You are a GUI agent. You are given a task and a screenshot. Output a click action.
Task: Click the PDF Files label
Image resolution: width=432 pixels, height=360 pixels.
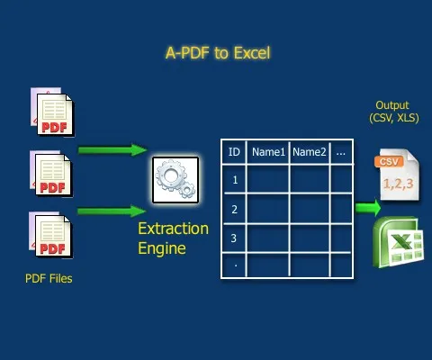(x=49, y=279)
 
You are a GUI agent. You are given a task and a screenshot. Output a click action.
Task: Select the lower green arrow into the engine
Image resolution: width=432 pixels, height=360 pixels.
(x=112, y=211)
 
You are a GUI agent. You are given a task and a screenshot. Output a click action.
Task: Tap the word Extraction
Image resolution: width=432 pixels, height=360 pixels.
(x=172, y=229)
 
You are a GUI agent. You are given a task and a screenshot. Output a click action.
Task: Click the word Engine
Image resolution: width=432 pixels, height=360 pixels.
(x=162, y=247)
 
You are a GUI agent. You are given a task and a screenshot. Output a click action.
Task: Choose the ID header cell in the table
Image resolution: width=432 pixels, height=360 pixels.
(x=234, y=152)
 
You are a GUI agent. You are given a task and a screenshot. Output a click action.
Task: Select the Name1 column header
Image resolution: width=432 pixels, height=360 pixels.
(x=268, y=152)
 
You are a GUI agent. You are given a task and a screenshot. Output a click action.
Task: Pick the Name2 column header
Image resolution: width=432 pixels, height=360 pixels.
(x=310, y=152)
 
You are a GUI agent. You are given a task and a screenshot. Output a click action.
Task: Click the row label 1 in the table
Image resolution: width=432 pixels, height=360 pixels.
(x=234, y=180)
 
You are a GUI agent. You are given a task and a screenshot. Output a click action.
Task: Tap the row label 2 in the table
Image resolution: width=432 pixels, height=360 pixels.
(x=234, y=210)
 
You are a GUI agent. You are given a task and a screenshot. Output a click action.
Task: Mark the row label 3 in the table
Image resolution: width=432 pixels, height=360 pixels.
(x=234, y=238)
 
